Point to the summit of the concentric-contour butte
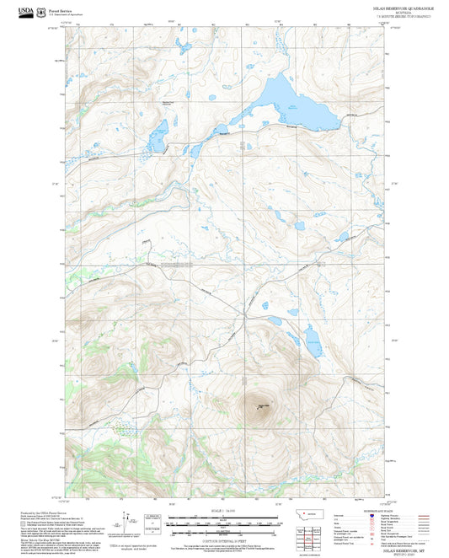(x=258, y=409)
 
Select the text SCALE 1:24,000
(x=225, y=511)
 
